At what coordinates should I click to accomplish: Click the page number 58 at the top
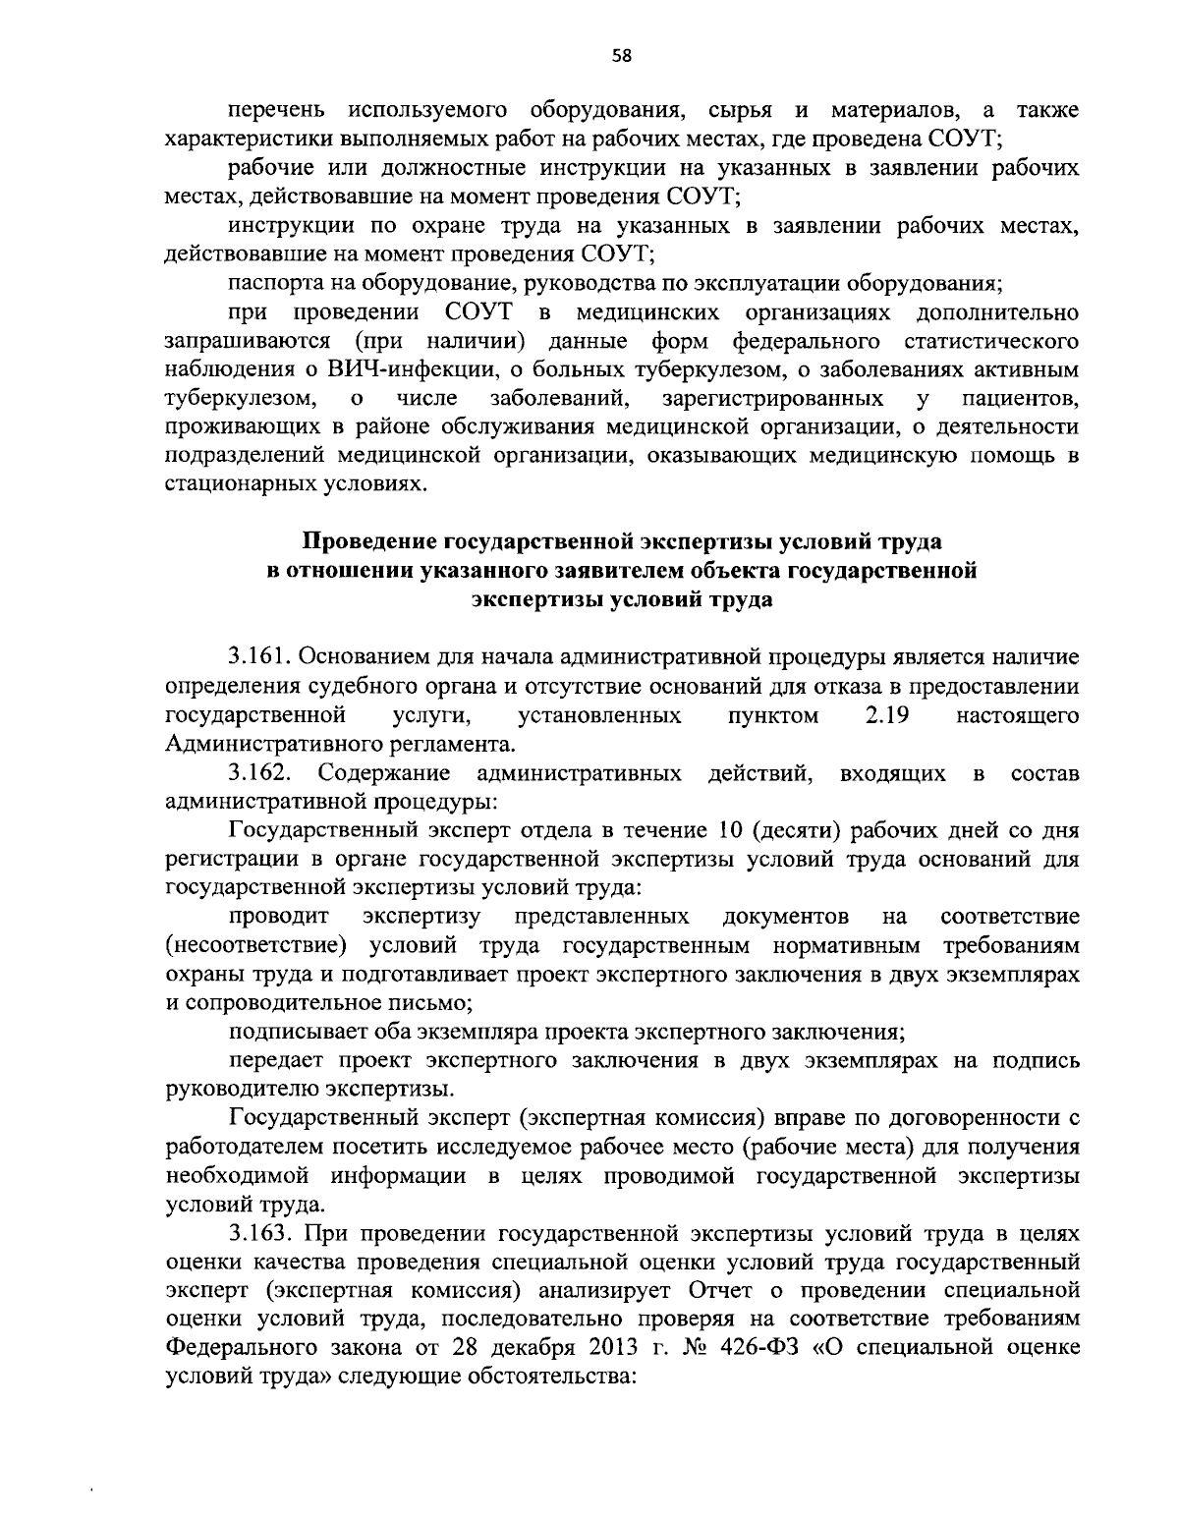pos(621,56)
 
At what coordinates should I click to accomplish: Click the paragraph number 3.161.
pos(257,655)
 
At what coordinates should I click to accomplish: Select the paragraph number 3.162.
pos(257,773)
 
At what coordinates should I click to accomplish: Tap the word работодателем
pos(244,1147)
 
